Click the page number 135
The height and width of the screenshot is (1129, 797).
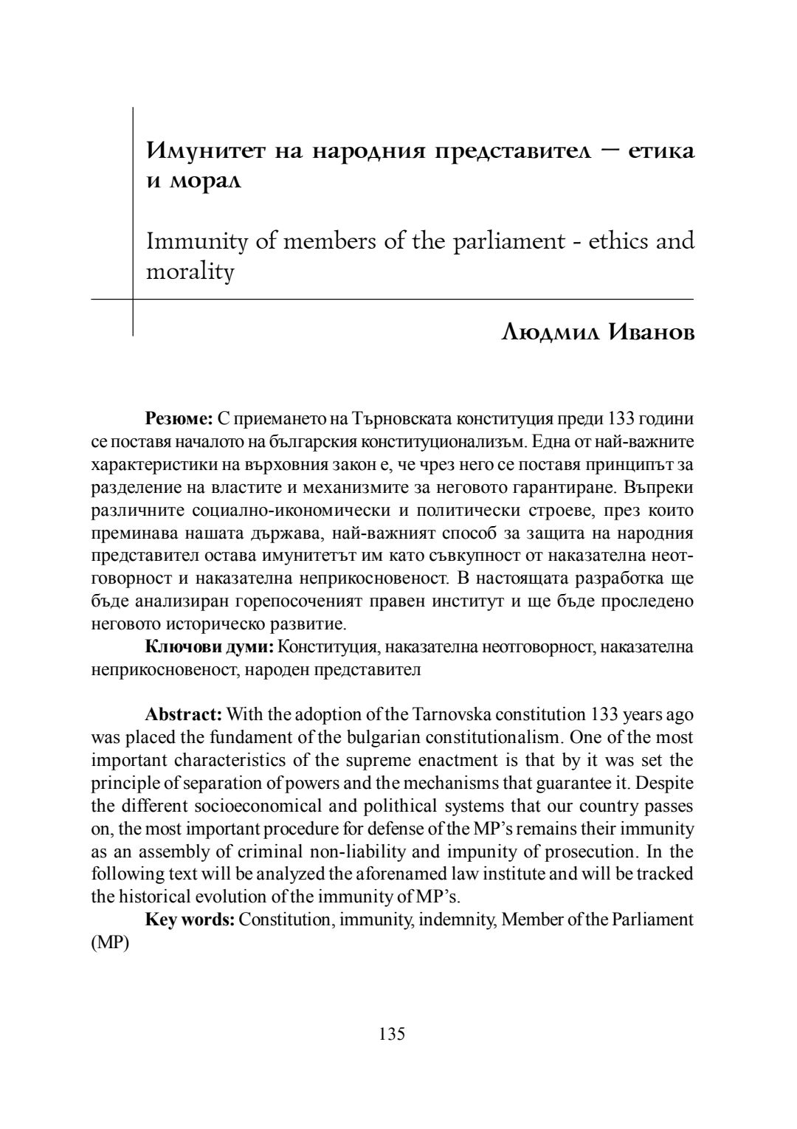(x=392, y=1033)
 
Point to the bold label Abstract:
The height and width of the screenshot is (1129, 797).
(x=184, y=714)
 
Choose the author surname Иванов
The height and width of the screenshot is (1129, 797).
(x=652, y=332)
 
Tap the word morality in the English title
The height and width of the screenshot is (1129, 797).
(x=190, y=272)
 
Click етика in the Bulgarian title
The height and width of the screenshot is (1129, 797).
(x=661, y=151)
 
